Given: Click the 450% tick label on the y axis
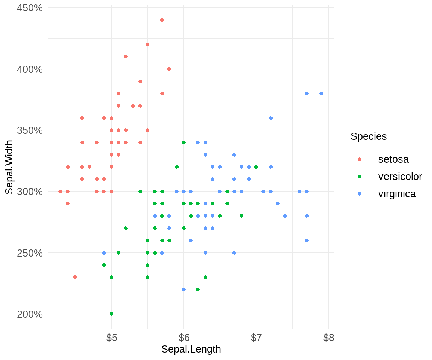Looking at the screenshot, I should coord(30,8).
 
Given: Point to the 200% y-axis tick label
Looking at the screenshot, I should coord(30,314).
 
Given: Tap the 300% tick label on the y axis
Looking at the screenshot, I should coord(30,192).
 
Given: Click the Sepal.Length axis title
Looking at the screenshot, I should coord(191,349).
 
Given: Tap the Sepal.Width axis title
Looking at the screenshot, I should coord(9,167).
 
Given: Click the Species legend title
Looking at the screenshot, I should coord(369,136).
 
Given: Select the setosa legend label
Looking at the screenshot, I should coord(393,159).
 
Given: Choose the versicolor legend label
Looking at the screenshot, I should coord(400,177).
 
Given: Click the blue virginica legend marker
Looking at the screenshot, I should coord(360,194).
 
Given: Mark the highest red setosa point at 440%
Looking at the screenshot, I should coord(162,20).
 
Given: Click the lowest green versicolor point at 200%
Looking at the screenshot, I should coord(111,314).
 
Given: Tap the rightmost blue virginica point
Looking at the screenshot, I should coord(321,93).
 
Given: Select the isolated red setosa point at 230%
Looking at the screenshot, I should coord(75,277).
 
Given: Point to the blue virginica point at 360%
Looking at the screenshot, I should coord(271,118).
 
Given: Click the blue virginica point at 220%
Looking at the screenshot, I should coord(184,289).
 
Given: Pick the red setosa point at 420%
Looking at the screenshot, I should coord(147,45).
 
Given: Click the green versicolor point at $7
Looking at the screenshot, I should coord(256,167).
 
